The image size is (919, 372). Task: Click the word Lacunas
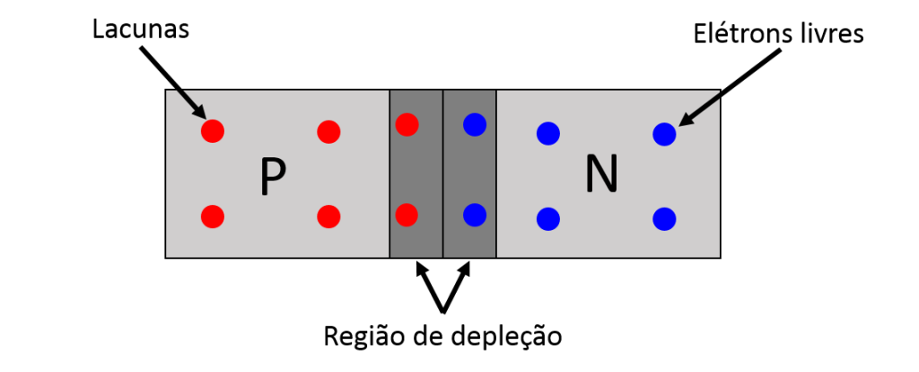tap(141, 29)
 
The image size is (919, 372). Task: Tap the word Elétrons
tap(735, 34)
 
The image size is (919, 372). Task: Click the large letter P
tap(273, 177)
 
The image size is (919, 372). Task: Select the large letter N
tap(601, 175)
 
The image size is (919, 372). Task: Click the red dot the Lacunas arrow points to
tap(213, 131)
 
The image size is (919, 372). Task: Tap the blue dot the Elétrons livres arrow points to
tap(664, 135)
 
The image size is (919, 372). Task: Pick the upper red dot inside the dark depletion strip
tap(407, 124)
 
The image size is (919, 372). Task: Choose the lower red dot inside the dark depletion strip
tap(407, 215)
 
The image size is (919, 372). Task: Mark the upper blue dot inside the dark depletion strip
tap(474, 124)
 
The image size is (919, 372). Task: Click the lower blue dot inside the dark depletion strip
tap(474, 215)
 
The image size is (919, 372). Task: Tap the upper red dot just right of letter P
tap(328, 131)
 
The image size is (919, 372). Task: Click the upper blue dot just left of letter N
tap(548, 135)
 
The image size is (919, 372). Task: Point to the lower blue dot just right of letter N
tap(664, 219)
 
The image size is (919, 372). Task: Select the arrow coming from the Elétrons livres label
tap(731, 86)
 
